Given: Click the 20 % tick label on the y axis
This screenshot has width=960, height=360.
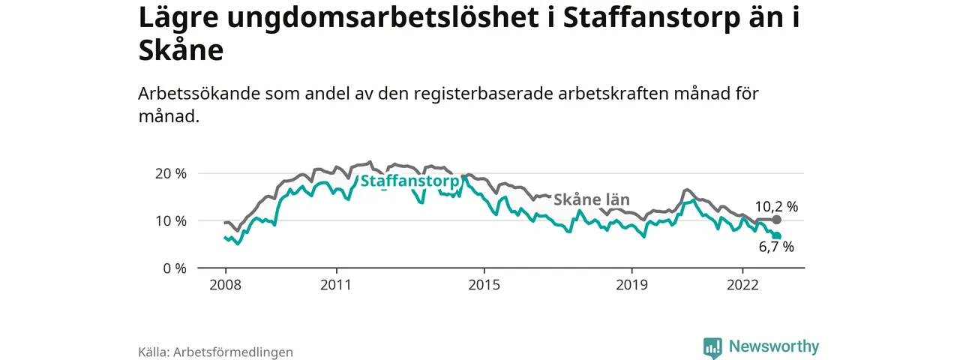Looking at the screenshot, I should tap(170, 173).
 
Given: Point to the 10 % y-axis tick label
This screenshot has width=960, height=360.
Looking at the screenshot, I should tap(170, 220).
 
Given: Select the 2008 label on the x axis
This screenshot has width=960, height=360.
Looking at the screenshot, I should tap(225, 285).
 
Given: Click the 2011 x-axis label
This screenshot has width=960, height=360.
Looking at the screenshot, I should tap(336, 285).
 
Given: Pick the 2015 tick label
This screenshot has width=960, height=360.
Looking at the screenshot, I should tap(484, 285).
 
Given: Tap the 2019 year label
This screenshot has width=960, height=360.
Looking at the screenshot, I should tap(631, 285).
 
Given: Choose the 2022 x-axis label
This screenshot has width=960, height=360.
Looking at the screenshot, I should tap(742, 285).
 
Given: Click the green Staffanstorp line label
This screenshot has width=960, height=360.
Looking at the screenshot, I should tap(409, 181).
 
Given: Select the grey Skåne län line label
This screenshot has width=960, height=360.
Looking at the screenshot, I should tap(591, 199).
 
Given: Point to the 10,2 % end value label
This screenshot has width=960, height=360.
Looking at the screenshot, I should tap(776, 206).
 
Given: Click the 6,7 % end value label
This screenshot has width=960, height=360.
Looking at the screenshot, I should tap(775, 247).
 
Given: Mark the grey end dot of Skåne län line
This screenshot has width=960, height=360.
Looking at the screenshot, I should tap(777, 220).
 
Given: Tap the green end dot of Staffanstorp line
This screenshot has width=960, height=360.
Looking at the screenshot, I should tap(777, 236).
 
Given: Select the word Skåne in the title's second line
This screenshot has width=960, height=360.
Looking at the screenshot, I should tap(181, 50).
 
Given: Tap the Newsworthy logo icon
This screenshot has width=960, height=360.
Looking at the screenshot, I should tap(712, 347).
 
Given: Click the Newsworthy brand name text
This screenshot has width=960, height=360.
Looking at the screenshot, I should tap(774, 346).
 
